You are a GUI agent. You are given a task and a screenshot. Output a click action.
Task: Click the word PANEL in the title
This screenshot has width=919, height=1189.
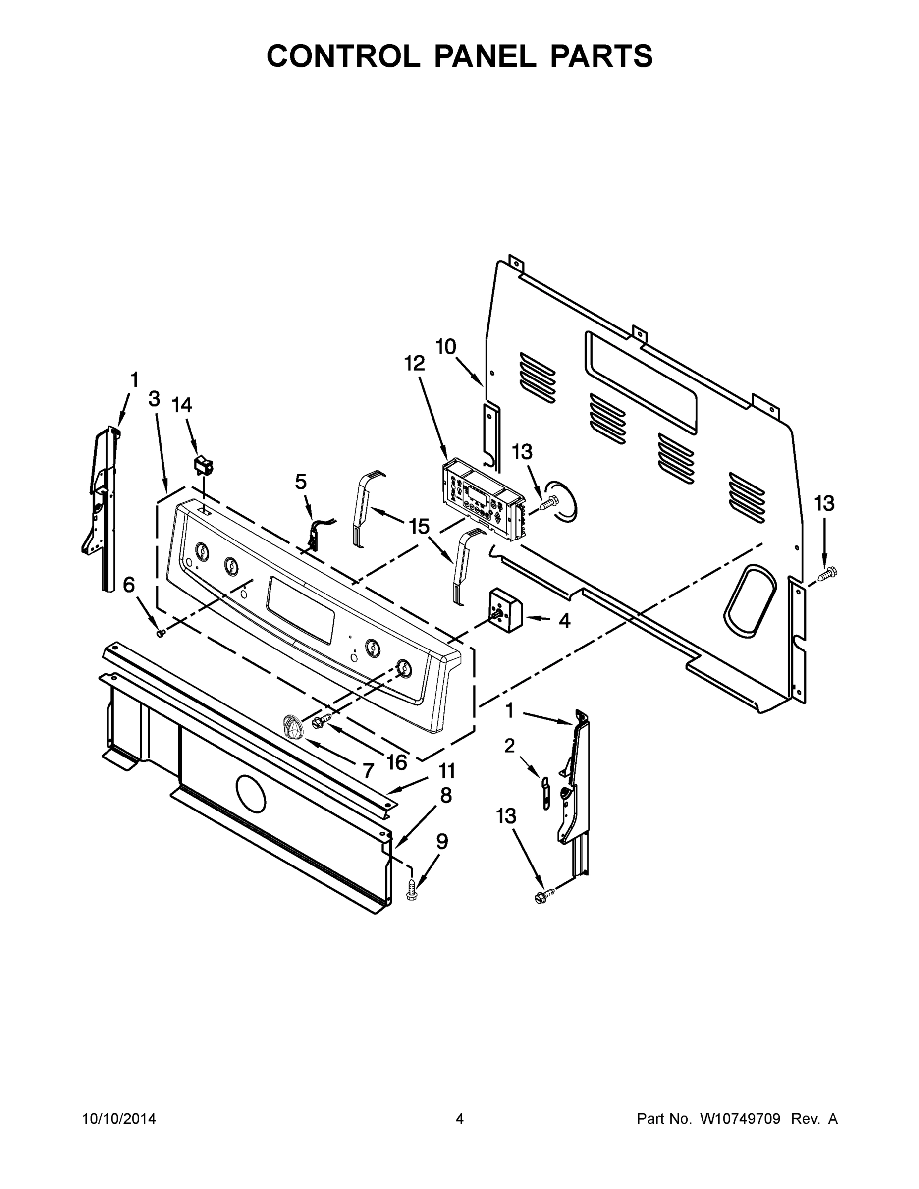click(x=485, y=56)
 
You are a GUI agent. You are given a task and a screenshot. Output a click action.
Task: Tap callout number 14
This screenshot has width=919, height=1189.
click(x=182, y=406)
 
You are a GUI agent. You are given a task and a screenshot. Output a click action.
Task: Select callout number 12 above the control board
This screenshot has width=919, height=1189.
click(x=414, y=363)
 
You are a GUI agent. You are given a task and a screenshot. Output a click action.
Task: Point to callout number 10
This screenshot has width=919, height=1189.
click(x=446, y=347)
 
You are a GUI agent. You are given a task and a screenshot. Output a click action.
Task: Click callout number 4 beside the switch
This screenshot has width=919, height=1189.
click(x=565, y=620)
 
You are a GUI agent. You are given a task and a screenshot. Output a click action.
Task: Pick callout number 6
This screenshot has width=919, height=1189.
click(x=129, y=585)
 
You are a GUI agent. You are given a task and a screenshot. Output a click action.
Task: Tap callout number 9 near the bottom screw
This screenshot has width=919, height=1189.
click(x=442, y=842)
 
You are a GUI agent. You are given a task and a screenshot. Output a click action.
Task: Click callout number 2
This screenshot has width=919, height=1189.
click(x=510, y=746)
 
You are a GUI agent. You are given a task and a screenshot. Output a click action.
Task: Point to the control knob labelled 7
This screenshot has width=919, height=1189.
click(x=293, y=728)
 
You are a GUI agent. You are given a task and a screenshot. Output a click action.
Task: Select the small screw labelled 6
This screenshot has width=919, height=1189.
click(x=161, y=633)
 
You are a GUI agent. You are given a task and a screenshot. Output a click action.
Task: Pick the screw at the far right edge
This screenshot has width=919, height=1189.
click(x=829, y=573)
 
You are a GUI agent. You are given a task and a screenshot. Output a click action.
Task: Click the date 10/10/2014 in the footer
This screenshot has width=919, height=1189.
click(x=119, y=1119)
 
